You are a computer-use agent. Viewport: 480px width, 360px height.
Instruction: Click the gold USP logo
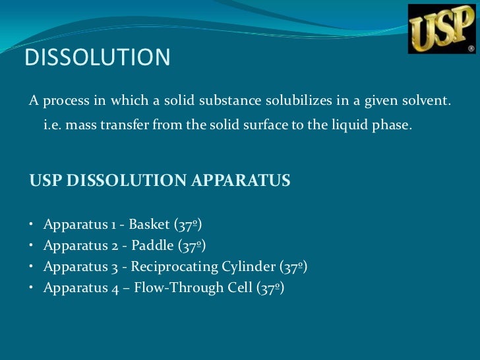click(x=441, y=30)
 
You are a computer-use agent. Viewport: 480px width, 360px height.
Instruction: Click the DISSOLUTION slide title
click(x=98, y=58)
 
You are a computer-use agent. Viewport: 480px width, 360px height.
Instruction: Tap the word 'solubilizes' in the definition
click(x=299, y=102)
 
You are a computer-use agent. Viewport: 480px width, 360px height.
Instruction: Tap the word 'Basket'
click(x=150, y=224)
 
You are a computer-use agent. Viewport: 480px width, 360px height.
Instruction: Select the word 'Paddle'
click(x=153, y=245)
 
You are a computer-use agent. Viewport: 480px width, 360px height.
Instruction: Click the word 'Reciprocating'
click(x=174, y=266)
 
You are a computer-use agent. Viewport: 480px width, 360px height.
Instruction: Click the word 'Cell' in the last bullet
click(x=241, y=287)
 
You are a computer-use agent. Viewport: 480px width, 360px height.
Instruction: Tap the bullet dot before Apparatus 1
click(x=32, y=224)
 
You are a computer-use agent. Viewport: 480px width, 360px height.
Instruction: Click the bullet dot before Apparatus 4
click(x=32, y=287)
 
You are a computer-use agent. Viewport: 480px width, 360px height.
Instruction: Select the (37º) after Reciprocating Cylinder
click(x=294, y=266)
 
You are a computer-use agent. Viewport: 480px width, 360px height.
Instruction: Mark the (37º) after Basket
click(x=188, y=224)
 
